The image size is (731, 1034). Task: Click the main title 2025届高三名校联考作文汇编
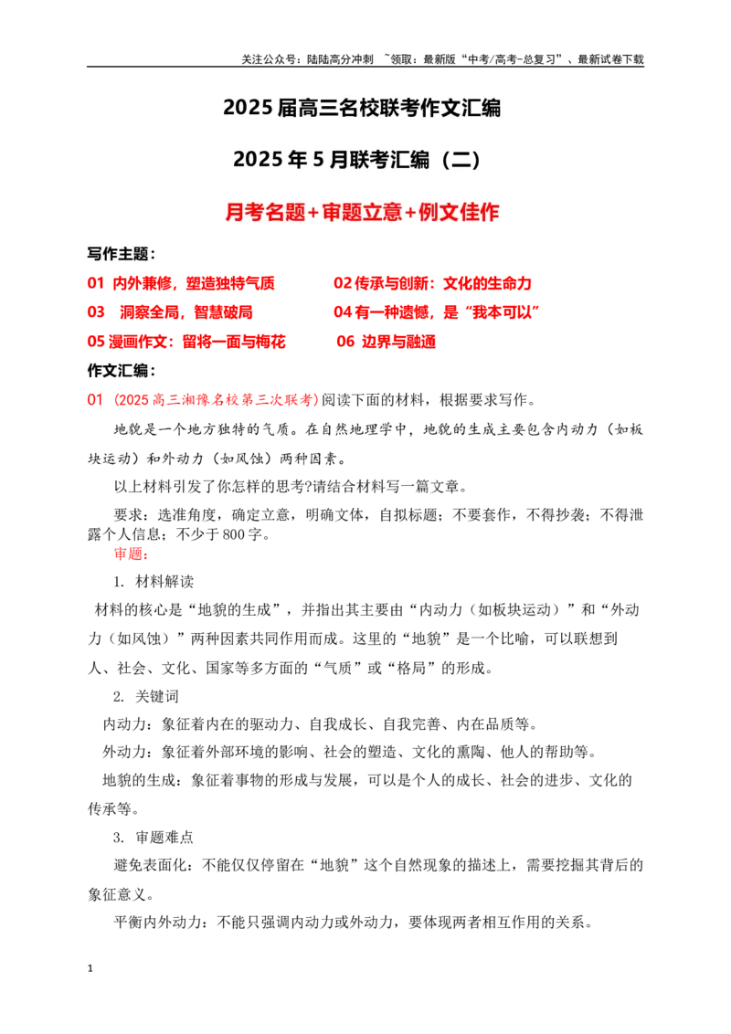362,108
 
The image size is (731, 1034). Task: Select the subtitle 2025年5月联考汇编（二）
357,160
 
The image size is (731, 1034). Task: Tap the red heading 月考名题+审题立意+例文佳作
362,212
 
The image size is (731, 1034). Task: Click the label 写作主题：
122,254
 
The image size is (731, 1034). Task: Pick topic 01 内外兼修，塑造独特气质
181,283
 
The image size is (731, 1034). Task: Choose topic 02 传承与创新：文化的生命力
432,283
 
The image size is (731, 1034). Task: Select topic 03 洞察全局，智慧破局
170,312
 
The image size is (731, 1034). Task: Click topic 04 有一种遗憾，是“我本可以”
437,312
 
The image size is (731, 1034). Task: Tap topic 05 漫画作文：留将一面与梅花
186,342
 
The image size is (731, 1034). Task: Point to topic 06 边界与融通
386,342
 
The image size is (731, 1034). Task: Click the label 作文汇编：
122,371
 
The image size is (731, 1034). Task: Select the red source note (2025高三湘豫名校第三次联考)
217,399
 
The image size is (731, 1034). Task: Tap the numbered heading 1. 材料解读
154,582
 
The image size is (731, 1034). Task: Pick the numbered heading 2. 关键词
146,696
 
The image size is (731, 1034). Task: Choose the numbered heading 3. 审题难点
154,838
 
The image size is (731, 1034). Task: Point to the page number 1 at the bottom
90,969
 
